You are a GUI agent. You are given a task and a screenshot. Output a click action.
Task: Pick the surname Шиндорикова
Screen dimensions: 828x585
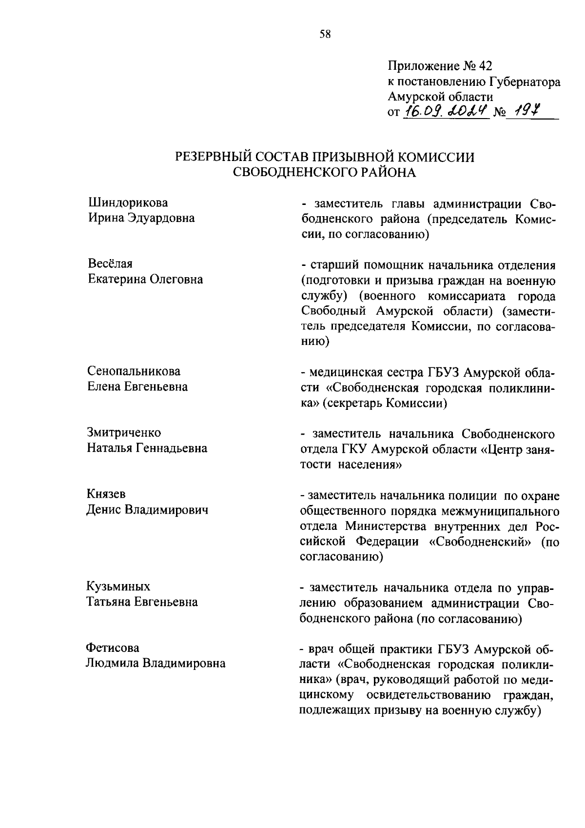coord(128,202)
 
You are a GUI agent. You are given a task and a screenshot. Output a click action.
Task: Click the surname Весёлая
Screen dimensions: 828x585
coord(110,264)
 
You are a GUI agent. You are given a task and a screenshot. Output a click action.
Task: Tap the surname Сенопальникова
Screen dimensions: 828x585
coord(134,371)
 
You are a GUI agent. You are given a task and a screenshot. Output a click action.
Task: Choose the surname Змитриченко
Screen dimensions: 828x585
coord(124,433)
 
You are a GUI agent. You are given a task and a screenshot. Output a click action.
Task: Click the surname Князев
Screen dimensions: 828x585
coord(106,494)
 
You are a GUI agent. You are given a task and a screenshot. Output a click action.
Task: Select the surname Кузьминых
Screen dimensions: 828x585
coord(118,586)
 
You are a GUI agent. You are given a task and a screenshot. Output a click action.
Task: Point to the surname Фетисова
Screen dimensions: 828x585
coord(113,647)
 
